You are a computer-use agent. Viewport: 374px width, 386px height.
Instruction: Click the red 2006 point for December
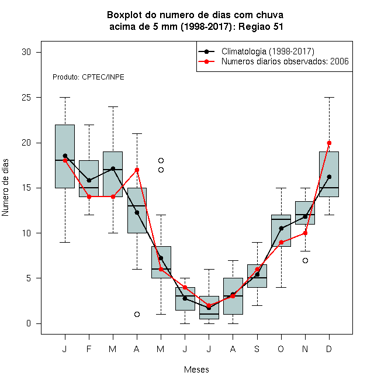[329, 143]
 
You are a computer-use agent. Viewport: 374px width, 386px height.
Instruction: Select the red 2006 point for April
[137, 170]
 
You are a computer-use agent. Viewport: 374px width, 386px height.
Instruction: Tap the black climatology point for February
[89, 181]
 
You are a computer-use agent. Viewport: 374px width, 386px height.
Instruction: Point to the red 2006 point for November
[306, 233]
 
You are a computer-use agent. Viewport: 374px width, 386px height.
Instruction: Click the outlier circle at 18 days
[161, 160]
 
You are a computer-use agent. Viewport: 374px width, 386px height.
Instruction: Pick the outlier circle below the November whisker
[306, 260]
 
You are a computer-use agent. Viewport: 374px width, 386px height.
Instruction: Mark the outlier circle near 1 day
[137, 315]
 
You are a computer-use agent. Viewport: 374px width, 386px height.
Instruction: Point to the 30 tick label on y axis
[26, 52]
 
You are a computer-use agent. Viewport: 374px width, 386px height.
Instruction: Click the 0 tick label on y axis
[29, 323]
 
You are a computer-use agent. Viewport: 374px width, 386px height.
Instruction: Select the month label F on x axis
[89, 349]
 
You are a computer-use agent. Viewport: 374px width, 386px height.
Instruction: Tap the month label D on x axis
[329, 349]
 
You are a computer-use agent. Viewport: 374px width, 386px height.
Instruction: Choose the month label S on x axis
[257, 349]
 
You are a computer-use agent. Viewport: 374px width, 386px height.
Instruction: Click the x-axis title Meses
[196, 370]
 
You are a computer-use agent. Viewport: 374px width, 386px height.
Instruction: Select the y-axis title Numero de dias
[5, 188]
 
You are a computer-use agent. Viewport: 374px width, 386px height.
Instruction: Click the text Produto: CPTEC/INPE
[88, 77]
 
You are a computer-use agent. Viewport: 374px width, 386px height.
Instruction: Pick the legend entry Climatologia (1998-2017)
[268, 51]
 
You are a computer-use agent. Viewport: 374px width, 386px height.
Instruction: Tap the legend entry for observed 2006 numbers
[285, 61]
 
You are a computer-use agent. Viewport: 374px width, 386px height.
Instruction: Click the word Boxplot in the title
[124, 15]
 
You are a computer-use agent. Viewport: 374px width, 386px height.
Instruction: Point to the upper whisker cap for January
[65, 98]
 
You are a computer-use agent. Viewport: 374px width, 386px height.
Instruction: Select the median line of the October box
[281, 219]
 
